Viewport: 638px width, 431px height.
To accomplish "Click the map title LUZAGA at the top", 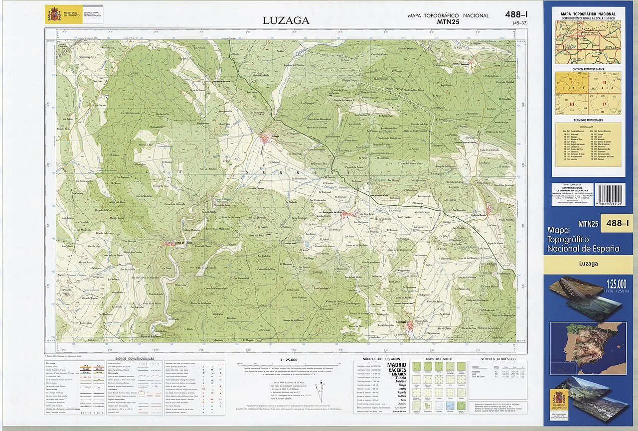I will click(x=286, y=20).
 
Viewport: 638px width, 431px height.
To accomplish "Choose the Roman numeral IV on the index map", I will click(x=605, y=104).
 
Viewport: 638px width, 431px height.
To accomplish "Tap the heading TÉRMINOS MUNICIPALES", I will click(x=588, y=120).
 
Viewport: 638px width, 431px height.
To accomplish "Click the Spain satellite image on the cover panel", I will click(x=588, y=341).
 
